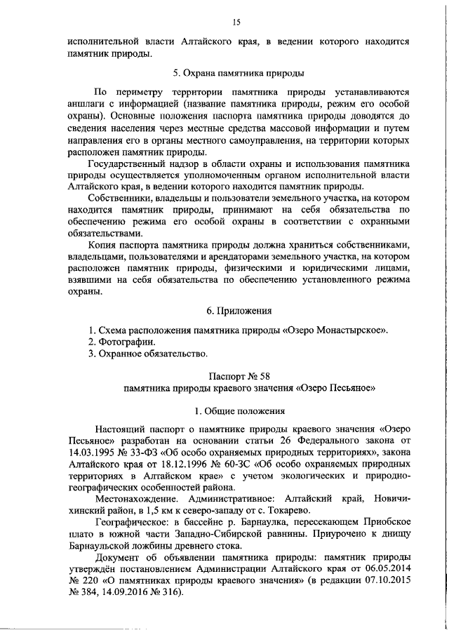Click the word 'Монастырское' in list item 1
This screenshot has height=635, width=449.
coord(347,330)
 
